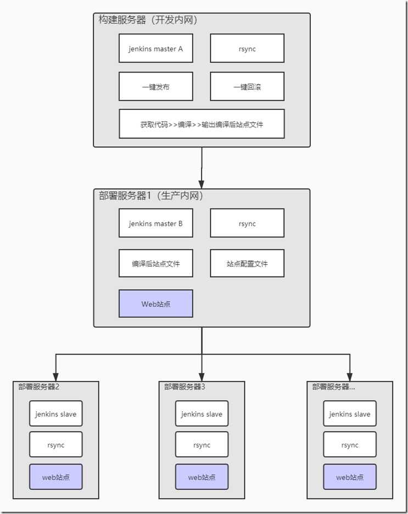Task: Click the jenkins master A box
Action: (x=156, y=48)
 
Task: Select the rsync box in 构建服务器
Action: (x=247, y=48)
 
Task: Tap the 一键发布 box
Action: (x=156, y=86)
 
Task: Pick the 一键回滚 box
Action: (x=247, y=86)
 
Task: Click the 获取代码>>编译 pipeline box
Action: (x=202, y=124)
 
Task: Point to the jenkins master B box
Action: (x=156, y=223)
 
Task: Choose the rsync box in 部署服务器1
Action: (x=247, y=223)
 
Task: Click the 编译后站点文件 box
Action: (x=156, y=263)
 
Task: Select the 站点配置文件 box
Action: (x=247, y=263)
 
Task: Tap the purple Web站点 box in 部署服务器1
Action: (x=156, y=303)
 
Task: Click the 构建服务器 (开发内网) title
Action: (x=148, y=20)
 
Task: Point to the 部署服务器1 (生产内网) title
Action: (x=151, y=196)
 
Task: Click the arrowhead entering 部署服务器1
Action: (x=202, y=184)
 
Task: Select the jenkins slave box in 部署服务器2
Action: (x=55, y=414)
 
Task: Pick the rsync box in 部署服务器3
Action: (x=202, y=445)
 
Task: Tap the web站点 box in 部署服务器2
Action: (x=55, y=477)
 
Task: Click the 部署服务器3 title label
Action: (x=185, y=387)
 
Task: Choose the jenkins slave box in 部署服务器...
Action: (x=350, y=414)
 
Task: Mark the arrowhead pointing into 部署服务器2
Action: (x=55, y=377)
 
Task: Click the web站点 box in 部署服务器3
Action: (x=202, y=477)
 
